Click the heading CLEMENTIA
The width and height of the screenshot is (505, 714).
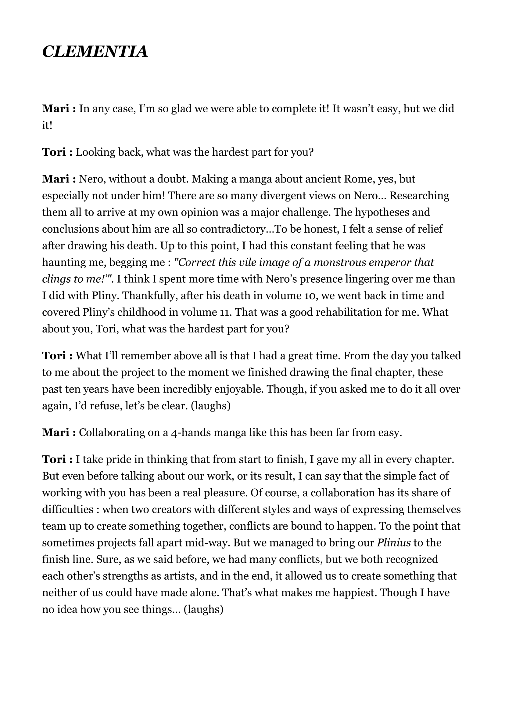pos(95,51)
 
